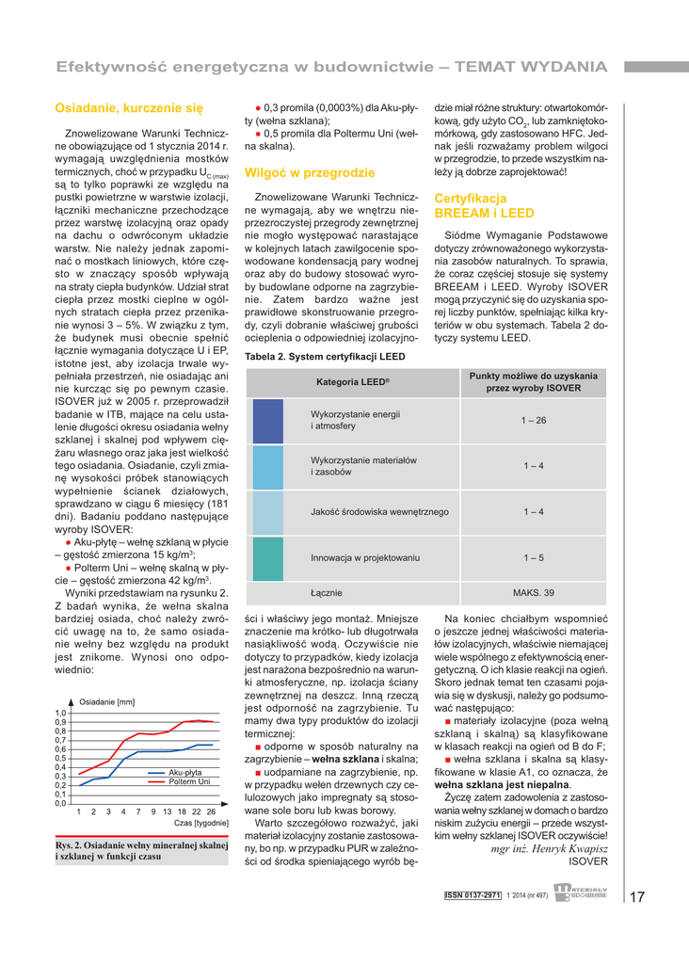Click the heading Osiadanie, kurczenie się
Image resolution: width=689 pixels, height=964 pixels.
(129, 109)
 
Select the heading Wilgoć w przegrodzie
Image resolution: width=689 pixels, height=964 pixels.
(309, 173)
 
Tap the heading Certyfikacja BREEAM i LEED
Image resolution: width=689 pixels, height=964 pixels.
(484, 206)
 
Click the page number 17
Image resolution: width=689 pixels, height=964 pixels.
(637, 896)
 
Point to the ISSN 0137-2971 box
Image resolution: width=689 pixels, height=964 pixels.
(473, 895)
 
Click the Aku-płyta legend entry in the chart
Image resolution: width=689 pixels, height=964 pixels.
(185, 772)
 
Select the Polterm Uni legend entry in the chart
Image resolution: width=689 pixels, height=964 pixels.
(189, 781)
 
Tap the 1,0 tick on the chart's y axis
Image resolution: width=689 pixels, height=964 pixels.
(61, 714)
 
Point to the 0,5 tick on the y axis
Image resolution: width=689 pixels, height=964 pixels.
(61, 758)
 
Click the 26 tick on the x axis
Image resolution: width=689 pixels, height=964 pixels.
(211, 811)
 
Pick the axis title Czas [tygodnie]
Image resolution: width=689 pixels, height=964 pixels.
(201, 824)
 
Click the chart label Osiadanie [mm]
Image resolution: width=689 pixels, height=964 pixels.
(106, 702)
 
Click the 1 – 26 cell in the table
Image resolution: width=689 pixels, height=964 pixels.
(534, 420)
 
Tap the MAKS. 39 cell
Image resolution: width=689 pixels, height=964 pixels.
(534, 593)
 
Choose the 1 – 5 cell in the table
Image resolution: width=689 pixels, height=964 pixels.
(534, 558)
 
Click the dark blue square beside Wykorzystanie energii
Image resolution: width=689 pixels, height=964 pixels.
(268, 421)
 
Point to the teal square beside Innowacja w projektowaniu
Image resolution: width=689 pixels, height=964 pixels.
(268, 558)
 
